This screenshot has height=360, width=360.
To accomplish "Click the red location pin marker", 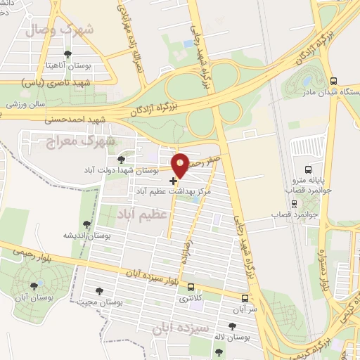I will coord(181,165).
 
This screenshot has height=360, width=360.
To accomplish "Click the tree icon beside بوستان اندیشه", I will coord(87,224).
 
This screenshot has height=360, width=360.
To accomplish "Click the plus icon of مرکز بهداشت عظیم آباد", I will coord(174,181).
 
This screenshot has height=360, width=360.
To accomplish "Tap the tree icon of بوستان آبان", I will coord(34,285).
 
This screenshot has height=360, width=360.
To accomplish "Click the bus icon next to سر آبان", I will coord(245,297).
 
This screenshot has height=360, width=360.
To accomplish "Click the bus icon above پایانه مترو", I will coord(309,169).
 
